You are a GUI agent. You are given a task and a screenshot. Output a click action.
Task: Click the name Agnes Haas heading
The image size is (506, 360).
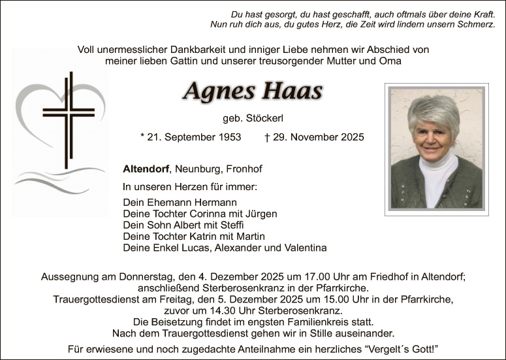point(253,91)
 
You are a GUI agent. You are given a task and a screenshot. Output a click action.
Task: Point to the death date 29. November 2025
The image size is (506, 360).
point(319,137)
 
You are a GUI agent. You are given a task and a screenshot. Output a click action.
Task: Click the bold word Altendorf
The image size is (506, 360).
point(146,169)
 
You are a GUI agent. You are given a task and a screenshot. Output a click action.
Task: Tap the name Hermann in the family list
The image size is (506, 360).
point(215,203)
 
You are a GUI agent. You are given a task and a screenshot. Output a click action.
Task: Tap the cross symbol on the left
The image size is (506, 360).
point(68,118)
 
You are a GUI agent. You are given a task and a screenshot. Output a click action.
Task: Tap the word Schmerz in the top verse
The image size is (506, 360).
point(476,24)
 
